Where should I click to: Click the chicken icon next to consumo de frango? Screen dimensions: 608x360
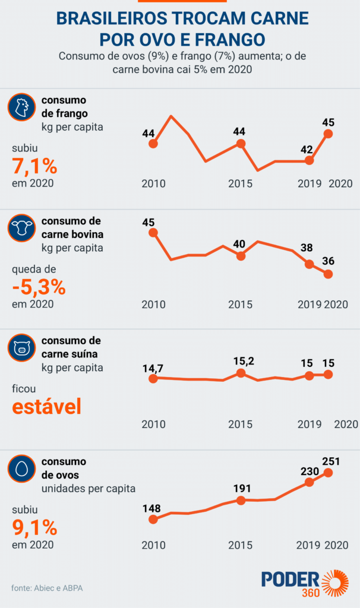coord(20,108)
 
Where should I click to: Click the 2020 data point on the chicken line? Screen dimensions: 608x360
coord(328,134)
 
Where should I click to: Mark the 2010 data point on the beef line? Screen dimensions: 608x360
coord(153,233)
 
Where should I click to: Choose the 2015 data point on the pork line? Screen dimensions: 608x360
coord(241,373)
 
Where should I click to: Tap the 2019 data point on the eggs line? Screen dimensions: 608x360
coord(309,482)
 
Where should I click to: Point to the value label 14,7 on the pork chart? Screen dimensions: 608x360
coord(153,368)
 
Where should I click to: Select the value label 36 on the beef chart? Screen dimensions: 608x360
coord(328,261)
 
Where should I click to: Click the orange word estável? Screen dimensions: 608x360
coord(46,407)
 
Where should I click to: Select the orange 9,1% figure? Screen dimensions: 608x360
coord(34,527)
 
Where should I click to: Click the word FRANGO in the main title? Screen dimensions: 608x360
coord(230,40)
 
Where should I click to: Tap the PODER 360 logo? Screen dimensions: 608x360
coord(304,584)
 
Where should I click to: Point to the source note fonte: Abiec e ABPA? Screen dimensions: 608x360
coord(47,588)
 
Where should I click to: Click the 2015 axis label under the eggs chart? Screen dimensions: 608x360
coord(241,545)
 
